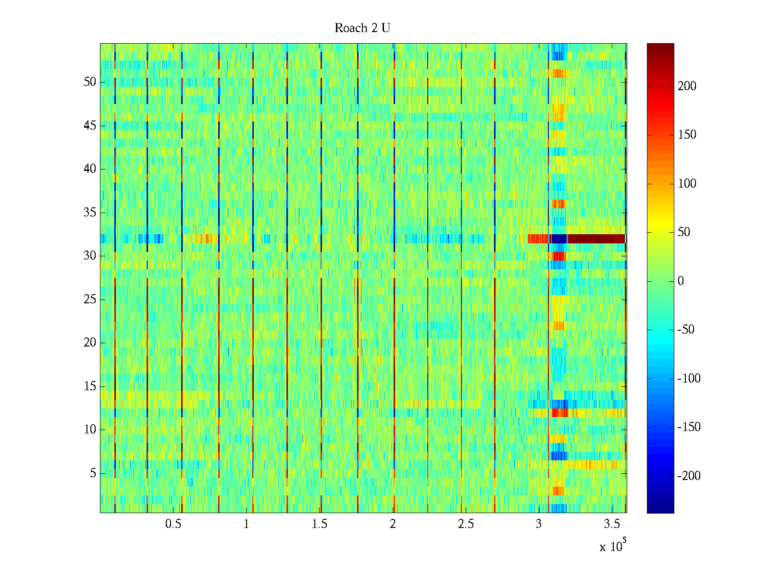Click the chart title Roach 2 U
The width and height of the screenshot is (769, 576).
coord(362,28)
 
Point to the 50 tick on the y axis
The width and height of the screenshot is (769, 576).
coord(90,82)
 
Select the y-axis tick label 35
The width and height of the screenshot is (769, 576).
coord(90,213)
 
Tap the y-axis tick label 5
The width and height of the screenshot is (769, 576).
coord(93,473)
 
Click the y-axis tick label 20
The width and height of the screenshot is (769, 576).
coord(90,343)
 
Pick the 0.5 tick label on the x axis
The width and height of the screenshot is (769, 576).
coord(173,524)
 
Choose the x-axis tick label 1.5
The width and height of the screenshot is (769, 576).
coord(319,524)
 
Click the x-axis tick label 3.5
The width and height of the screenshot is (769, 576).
coord(612,524)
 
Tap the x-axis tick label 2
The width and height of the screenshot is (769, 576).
coord(393,524)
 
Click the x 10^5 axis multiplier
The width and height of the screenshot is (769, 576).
coord(613,546)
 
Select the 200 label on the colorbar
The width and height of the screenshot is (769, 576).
coord(687,86)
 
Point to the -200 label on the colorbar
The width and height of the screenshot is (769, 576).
coord(689,476)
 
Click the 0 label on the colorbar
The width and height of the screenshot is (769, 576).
coord(681,281)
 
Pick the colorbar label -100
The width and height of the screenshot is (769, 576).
coord(689,379)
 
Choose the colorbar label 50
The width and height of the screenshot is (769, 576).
coord(684,232)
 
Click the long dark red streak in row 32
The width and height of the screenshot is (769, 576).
coord(596,239)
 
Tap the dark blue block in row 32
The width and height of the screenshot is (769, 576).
coord(559,239)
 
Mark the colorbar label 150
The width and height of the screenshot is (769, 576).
coord(687,135)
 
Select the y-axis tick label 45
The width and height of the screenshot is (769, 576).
coord(90,126)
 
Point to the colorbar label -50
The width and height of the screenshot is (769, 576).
coord(687,330)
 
